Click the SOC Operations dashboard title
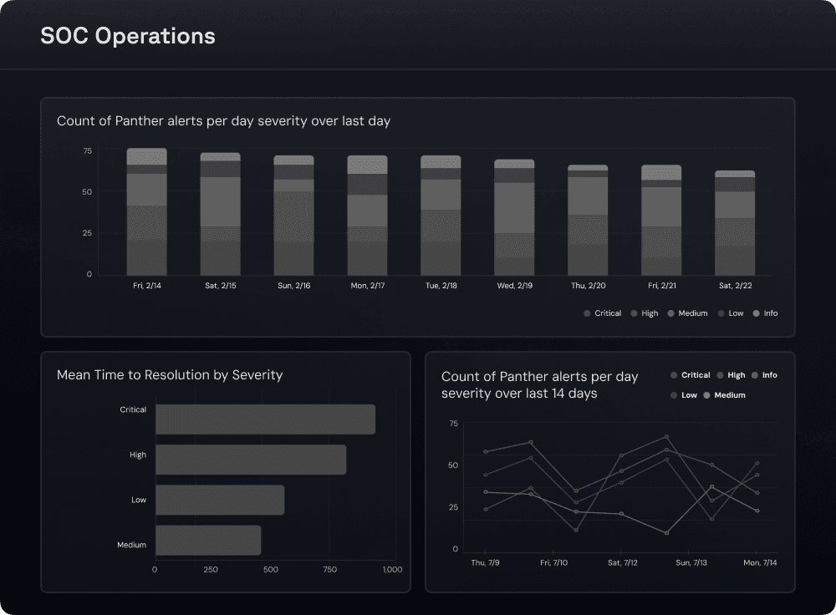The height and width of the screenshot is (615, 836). (128, 37)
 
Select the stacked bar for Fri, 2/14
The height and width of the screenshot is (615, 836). (146, 212)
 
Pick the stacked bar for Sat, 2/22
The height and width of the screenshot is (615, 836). (735, 223)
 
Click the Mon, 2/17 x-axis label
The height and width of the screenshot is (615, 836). (367, 286)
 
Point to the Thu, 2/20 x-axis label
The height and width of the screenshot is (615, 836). (588, 286)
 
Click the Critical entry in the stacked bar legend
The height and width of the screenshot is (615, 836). (603, 313)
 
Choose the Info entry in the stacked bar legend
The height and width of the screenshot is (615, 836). (766, 313)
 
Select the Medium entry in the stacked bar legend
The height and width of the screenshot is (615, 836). (688, 313)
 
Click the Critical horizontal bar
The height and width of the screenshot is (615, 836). (265, 419)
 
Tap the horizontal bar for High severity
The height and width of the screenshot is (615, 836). (251, 460)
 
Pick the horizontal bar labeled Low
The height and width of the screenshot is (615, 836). (220, 500)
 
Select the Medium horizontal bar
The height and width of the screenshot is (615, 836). (208, 540)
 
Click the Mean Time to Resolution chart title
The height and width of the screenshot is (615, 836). (170, 375)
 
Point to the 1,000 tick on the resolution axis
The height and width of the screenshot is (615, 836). (392, 570)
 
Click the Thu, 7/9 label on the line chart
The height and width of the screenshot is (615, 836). (485, 563)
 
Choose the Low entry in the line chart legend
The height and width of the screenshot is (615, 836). (685, 395)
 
